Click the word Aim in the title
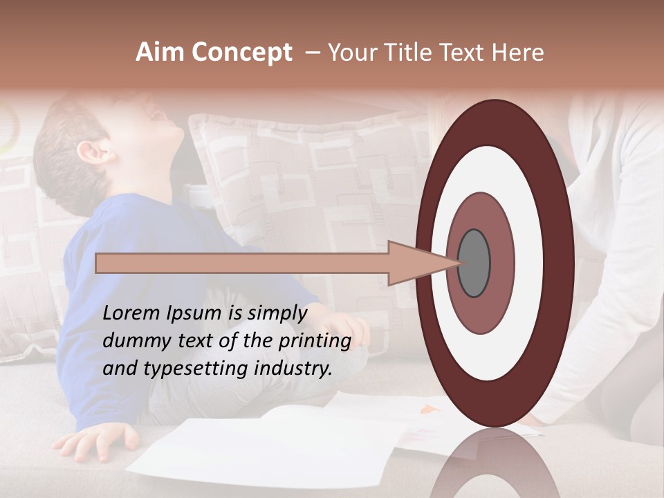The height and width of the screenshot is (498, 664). pyautogui.click(x=161, y=53)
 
